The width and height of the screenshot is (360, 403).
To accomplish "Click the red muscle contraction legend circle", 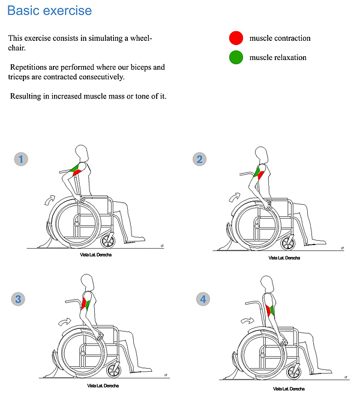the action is tap(236, 38).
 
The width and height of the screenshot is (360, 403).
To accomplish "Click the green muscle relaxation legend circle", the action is tap(236, 57).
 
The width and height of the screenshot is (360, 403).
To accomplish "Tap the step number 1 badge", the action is tap(21, 159).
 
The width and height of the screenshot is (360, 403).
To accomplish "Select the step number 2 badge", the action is tap(200, 159).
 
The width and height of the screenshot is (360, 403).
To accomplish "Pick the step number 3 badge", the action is tap(18, 299).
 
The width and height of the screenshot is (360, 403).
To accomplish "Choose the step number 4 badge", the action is tap(203, 299).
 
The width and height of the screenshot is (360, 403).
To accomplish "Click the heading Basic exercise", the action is tap(50, 11).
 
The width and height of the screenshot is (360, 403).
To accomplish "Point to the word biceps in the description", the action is tap(141, 68).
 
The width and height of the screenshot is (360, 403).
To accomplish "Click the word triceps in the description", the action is tap(19, 77).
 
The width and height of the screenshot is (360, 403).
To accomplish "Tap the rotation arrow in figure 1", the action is tap(50, 200).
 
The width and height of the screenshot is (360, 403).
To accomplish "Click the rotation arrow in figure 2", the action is tap(234, 198).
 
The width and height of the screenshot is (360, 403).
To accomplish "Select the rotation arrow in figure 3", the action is tap(64, 321).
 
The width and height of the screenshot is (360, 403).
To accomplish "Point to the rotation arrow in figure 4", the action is tap(247, 321).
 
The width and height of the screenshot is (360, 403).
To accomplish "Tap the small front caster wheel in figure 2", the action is tap(287, 243).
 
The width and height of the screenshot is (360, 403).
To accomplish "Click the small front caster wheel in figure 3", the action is tap(114, 371).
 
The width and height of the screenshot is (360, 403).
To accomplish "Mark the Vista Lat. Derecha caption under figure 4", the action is tap(289, 389).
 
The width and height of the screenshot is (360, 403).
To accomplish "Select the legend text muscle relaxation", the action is tap(278, 58).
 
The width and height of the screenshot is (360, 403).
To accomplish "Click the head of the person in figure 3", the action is tap(88, 282).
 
